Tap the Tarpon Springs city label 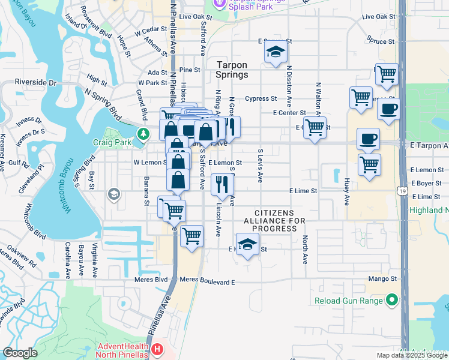pyautogui.click(x=232, y=69)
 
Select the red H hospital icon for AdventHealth pyautogui.click(x=157, y=349)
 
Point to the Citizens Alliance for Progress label pyautogui.click(x=274, y=221)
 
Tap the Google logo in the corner pyautogui.click(x=20, y=353)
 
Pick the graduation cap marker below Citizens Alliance pyautogui.click(x=247, y=244)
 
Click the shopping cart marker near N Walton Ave pyautogui.click(x=315, y=127)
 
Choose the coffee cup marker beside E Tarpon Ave pyautogui.click(x=368, y=139)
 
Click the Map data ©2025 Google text pyautogui.click(x=411, y=355)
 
